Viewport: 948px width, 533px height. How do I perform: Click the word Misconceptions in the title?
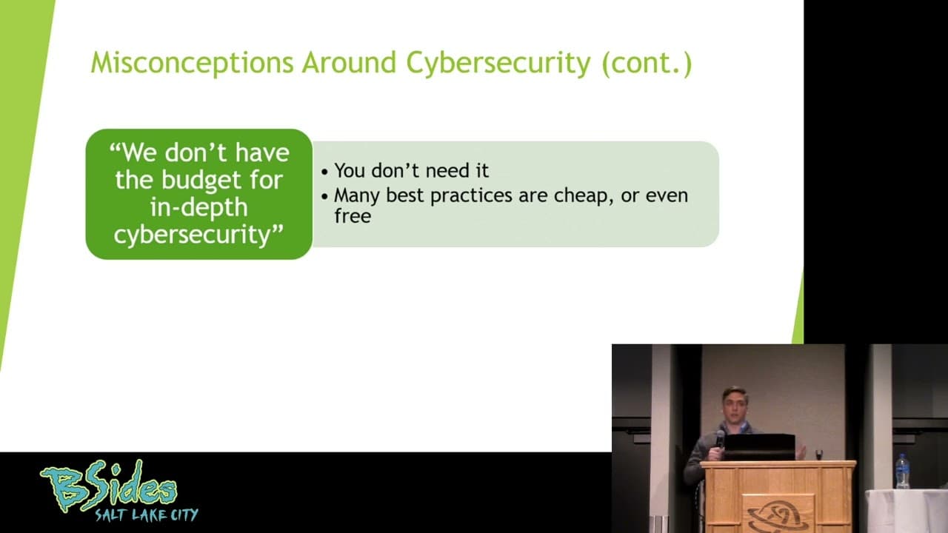click(x=192, y=63)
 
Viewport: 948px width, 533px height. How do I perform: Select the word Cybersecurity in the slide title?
click(x=498, y=63)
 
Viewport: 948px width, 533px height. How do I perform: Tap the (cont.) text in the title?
click(x=647, y=64)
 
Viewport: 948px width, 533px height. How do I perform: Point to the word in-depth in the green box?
click(x=198, y=207)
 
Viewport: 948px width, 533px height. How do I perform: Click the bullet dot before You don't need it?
click(x=324, y=172)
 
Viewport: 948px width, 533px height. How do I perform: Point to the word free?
click(x=353, y=215)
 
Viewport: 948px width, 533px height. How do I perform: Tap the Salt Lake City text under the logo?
click(x=147, y=515)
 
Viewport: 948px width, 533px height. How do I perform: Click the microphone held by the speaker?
click(x=720, y=439)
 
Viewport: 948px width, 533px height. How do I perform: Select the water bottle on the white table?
click(x=902, y=471)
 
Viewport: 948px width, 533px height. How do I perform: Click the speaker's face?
click(x=735, y=408)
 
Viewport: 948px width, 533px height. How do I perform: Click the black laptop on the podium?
click(x=759, y=447)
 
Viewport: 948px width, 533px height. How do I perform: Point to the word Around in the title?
click(x=349, y=63)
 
